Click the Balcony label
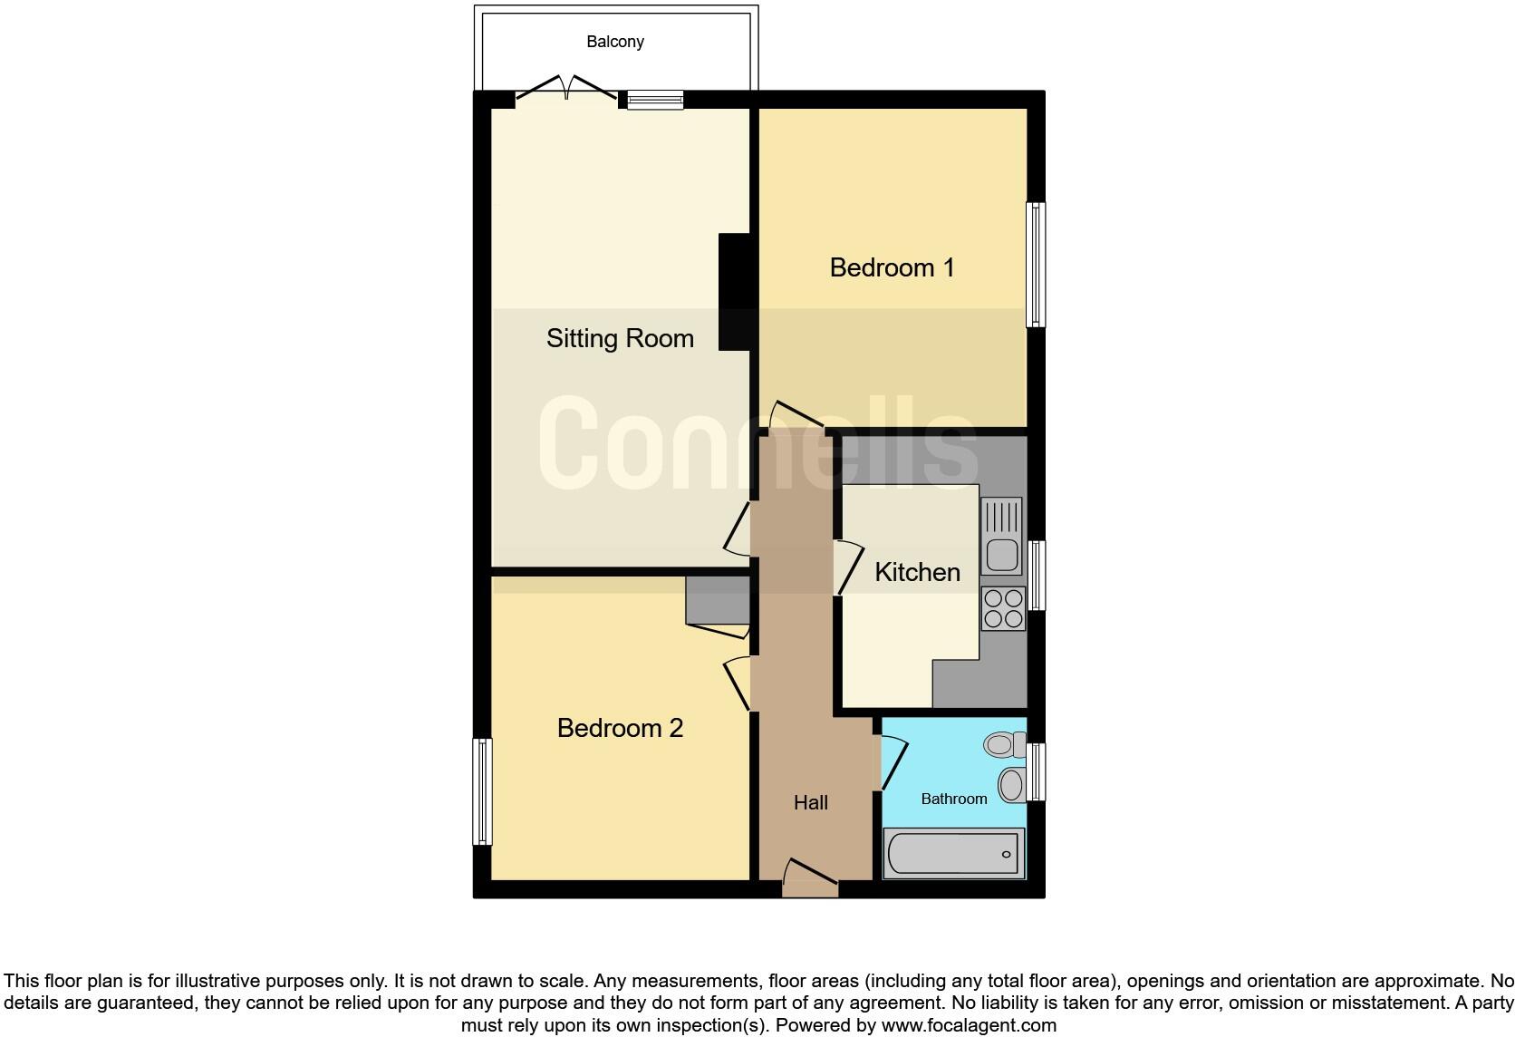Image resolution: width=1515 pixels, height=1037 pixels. point(614,42)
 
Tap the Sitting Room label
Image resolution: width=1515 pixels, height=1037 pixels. point(620,338)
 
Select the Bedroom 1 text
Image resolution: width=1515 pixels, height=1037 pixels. point(892,267)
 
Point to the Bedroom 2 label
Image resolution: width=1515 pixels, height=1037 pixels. point(620,728)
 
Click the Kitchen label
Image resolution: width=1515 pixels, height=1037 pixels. point(917,572)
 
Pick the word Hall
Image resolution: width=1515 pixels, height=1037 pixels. point(810,802)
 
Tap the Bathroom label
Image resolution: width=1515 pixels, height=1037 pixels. point(953,799)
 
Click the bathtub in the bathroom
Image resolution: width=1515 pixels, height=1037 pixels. point(953,853)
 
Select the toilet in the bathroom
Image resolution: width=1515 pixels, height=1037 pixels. point(1002,745)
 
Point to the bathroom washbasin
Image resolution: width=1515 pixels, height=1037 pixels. point(1011,783)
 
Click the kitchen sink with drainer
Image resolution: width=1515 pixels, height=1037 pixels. point(1001,536)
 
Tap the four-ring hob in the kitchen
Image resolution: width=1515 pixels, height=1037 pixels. point(1003,608)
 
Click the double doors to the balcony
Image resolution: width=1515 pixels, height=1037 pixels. point(567,89)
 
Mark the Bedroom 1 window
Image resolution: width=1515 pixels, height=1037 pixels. point(1036,264)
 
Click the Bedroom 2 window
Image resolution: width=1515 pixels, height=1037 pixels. point(483,791)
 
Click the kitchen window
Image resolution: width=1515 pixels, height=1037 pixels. point(1036,575)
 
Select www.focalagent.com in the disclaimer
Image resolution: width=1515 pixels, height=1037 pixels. point(969,1025)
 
